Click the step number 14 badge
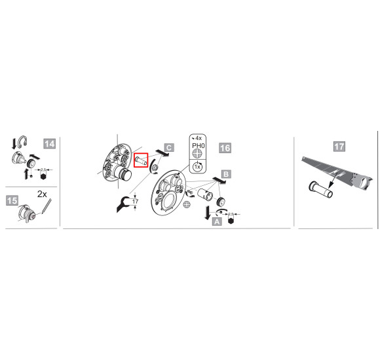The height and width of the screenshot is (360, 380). pos(49,144)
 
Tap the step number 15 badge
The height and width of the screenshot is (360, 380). pos(12,200)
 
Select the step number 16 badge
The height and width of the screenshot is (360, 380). pos(225,148)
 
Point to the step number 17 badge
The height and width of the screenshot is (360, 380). pos(339,147)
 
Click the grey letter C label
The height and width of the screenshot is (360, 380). pos(169,147)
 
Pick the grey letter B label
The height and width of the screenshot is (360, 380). pos(226,174)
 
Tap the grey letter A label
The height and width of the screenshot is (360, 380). pos(217,221)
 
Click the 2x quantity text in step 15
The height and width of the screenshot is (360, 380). pos(42,194)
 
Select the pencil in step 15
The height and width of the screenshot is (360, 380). pos(47,206)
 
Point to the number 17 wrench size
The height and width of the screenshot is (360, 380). pos(135,201)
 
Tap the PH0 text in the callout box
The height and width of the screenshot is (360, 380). pos(199,146)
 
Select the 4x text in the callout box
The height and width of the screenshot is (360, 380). pos(199,138)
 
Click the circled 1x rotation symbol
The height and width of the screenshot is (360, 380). pos(197,166)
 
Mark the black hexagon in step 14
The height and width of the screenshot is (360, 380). pos(43,177)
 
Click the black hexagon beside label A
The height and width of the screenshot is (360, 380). pos(231,221)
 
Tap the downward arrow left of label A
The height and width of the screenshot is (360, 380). pos(207,213)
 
